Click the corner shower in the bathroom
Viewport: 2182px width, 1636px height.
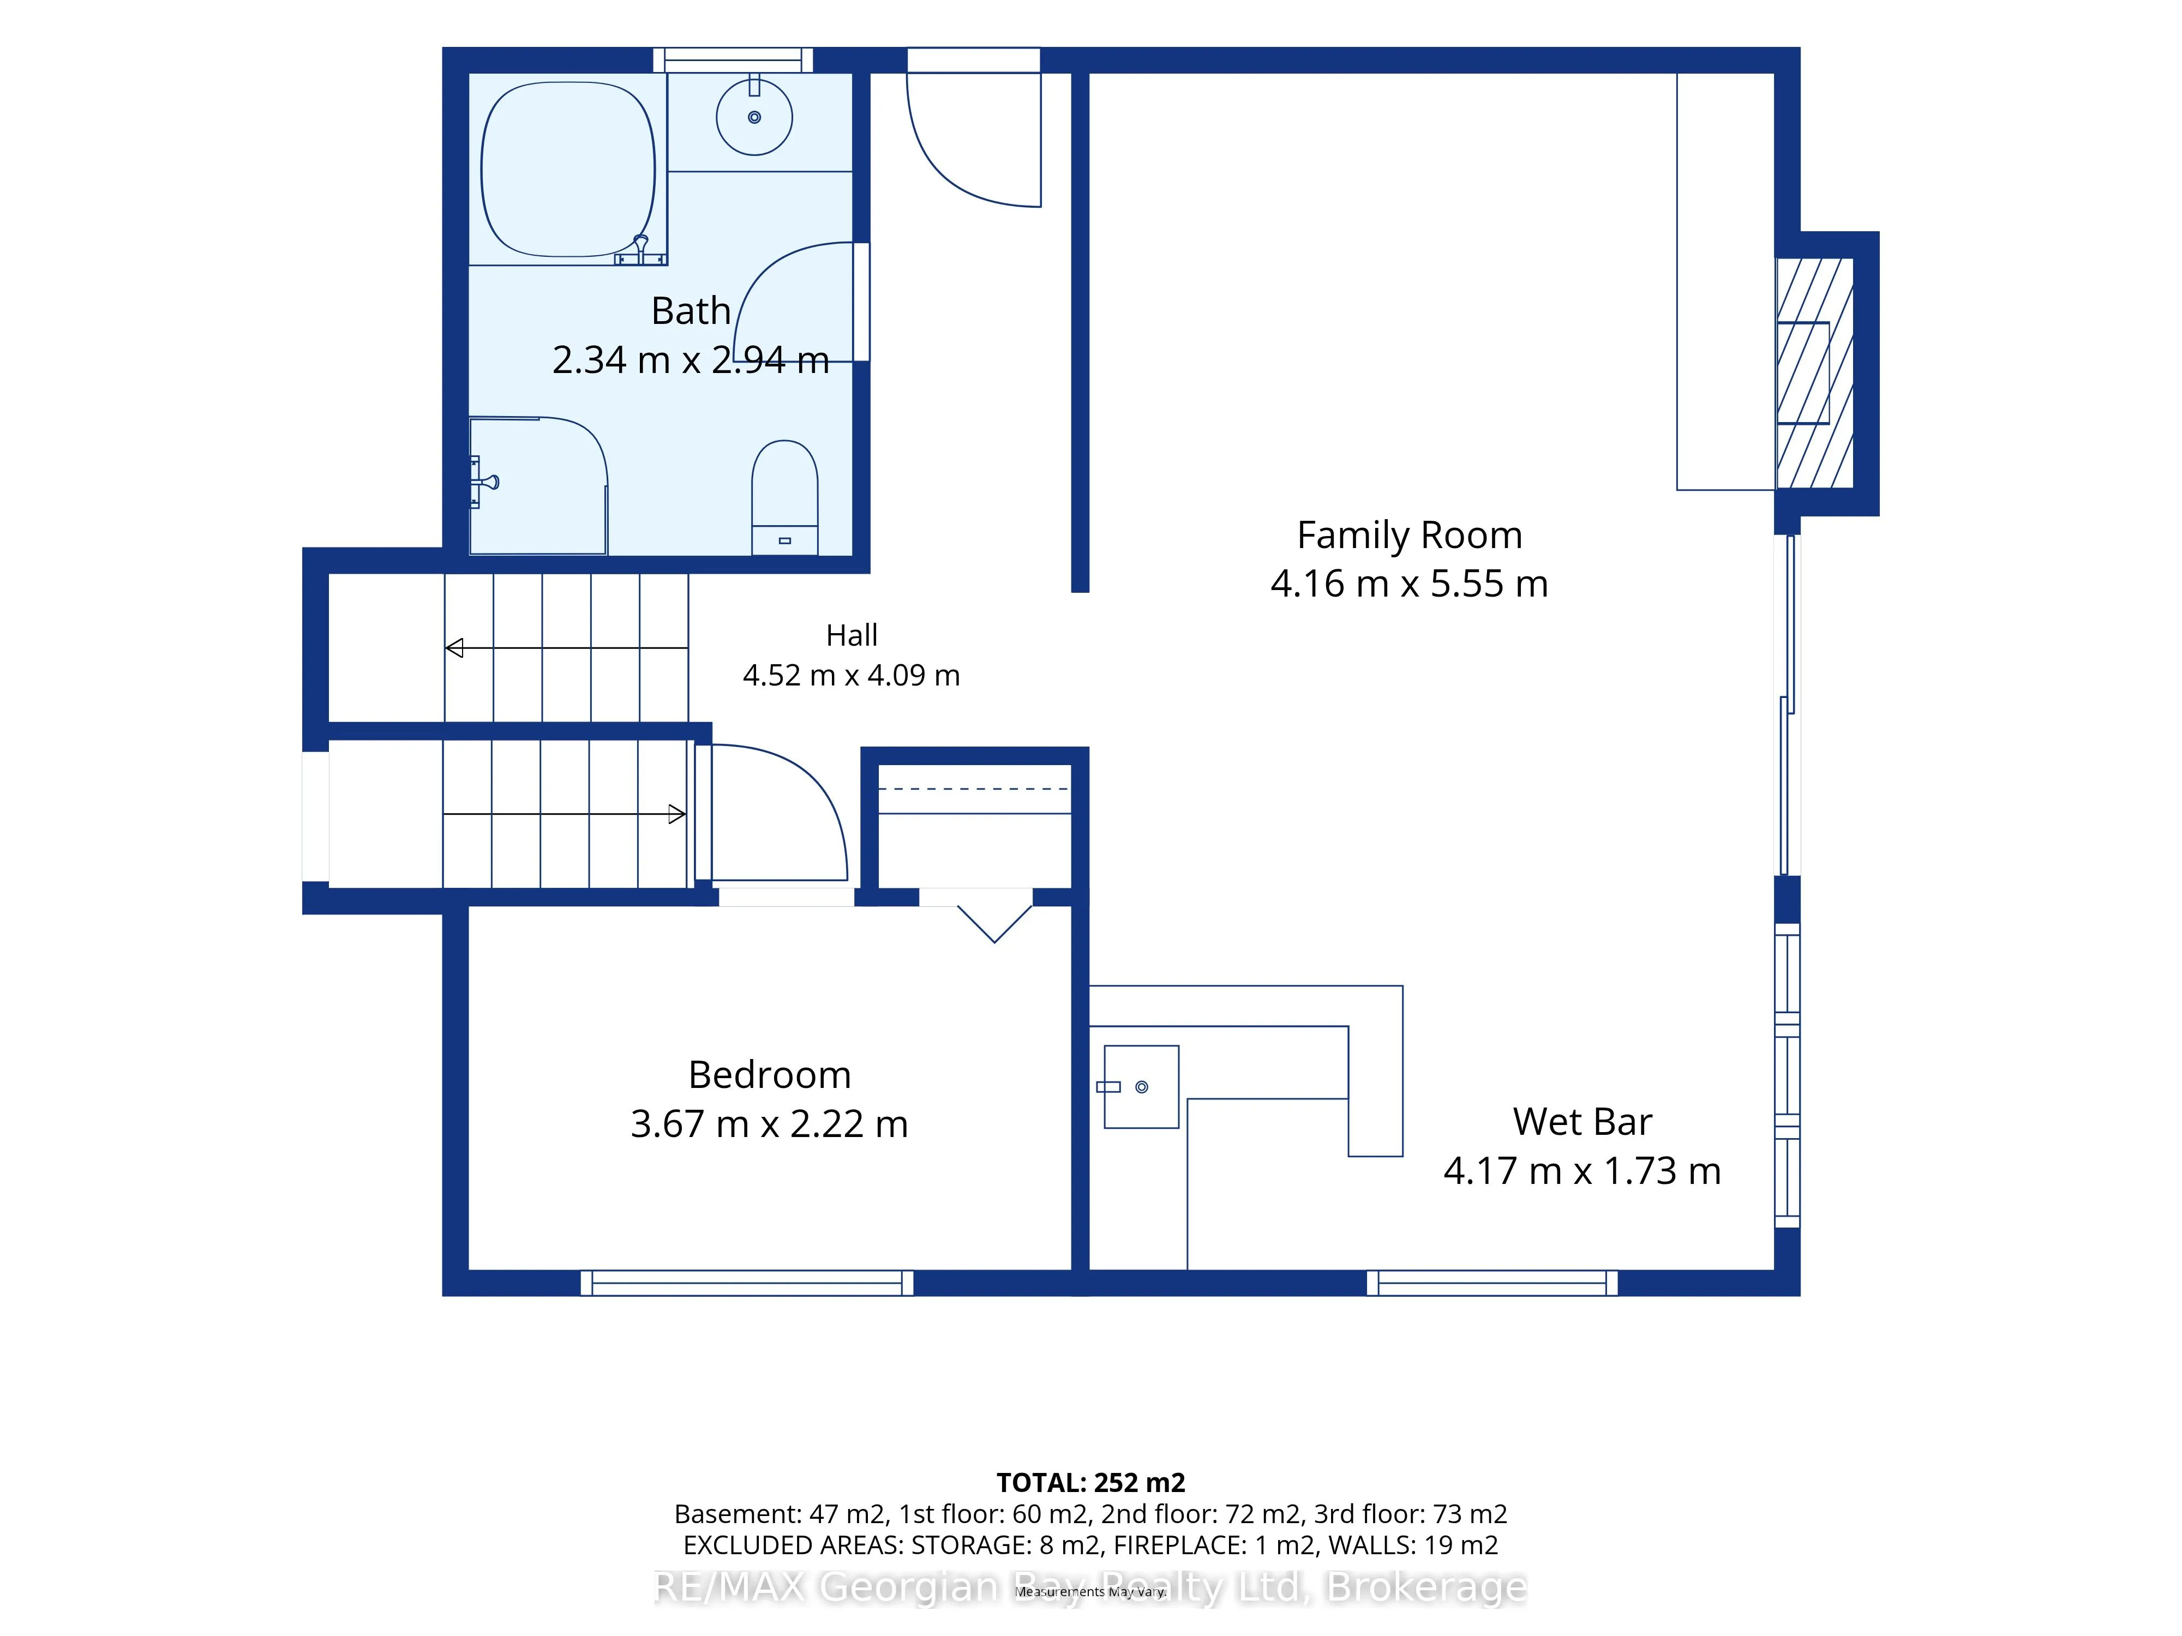click(x=538, y=485)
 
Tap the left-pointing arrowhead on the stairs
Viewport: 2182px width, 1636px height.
click(x=455, y=648)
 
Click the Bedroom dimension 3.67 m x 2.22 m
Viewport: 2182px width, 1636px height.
click(x=769, y=1123)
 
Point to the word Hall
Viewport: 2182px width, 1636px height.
click(x=852, y=635)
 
